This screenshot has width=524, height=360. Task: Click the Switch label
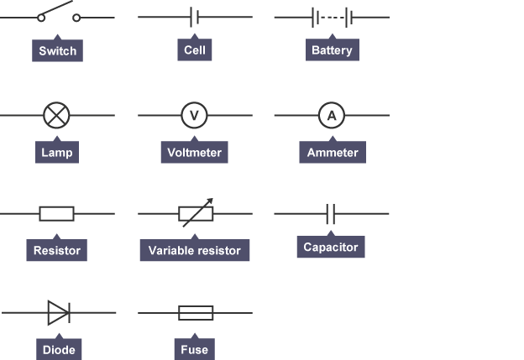pyautogui.click(x=58, y=50)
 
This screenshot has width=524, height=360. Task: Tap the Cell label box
pyautogui.click(x=194, y=50)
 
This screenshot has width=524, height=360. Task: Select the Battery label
pyautogui.click(x=332, y=50)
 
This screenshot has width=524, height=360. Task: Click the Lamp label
pyautogui.click(x=58, y=153)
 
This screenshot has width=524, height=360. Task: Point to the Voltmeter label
pyautogui.click(x=194, y=153)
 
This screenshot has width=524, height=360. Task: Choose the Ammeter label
pyautogui.click(x=332, y=153)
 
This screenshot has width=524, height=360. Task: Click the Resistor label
pyautogui.click(x=56, y=250)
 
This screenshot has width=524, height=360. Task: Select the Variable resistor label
pyautogui.click(x=194, y=250)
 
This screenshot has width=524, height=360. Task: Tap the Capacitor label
pyautogui.click(x=331, y=247)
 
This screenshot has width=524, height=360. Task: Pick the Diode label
pyautogui.click(x=56, y=349)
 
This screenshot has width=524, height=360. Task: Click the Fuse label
pyautogui.click(x=194, y=349)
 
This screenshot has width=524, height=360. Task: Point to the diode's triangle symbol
pyautogui.click(x=58, y=313)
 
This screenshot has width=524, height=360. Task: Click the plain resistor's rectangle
pyautogui.click(x=56, y=214)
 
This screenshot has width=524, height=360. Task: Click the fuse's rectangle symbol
pyautogui.click(x=196, y=313)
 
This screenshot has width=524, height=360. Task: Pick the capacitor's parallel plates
pyautogui.click(x=331, y=214)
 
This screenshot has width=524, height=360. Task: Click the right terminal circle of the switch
pyautogui.click(x=77, y=17)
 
